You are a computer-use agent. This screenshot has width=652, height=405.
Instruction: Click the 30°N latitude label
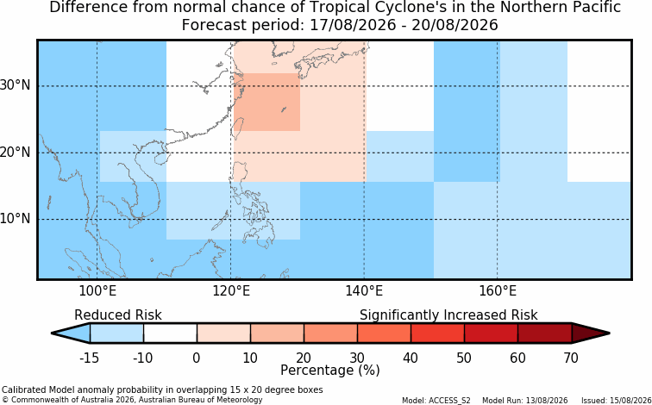tap(16, 85)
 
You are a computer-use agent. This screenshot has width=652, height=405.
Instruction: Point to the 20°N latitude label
tap(16, 152)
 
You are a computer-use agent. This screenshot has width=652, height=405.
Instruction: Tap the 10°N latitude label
tap(16, 218)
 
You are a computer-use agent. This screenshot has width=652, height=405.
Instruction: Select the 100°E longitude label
tap(97, 291)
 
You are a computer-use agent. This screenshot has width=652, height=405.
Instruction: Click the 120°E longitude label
tap(231, 291)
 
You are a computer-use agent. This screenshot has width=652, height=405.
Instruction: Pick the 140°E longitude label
tap(364, 291)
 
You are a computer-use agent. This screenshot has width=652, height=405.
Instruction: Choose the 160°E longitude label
tap(498, 291)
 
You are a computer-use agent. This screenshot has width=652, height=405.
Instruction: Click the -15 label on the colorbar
tap(90, 358)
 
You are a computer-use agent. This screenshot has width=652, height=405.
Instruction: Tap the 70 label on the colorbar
tap(571, 358)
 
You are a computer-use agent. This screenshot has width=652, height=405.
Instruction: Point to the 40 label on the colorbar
tap(411, 358)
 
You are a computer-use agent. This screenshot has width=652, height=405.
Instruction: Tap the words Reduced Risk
tap(118, 315)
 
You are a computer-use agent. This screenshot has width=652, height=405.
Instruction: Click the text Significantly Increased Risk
tap(448, 315)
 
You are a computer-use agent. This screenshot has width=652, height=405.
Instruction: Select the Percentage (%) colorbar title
tap(330, 370)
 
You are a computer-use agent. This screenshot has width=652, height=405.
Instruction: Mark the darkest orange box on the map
tap(266, 103)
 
